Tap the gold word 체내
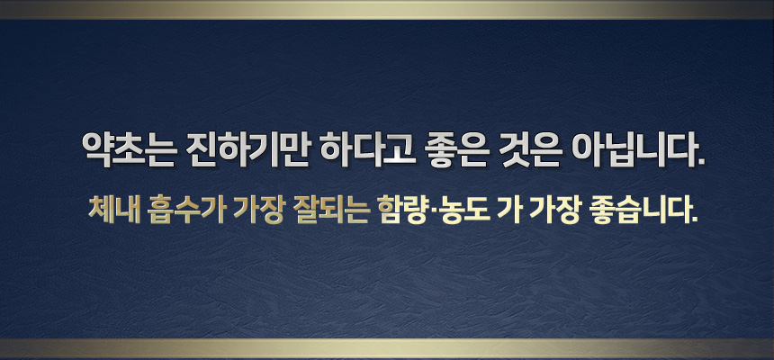tap(112, 210)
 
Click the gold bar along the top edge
tap(387, 10)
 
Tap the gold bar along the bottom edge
tap(387, 348)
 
